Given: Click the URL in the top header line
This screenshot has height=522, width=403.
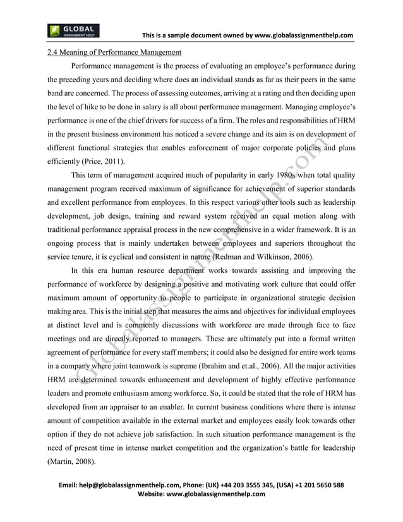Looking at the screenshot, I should (x=303, y=34).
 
